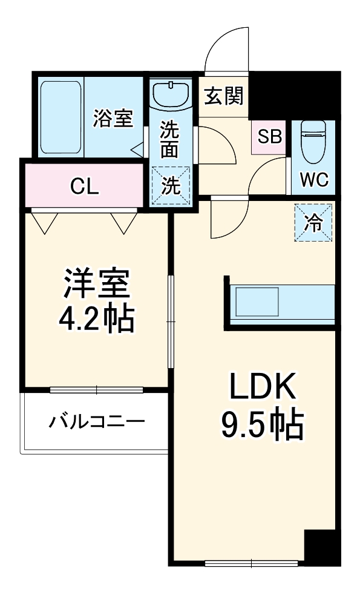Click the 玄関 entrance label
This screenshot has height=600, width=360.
(224, 96)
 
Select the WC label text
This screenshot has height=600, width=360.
(314, 179)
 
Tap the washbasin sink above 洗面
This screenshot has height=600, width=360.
(170, 94)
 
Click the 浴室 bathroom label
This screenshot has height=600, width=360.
(113, 118)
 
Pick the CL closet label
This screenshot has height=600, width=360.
(84, 186)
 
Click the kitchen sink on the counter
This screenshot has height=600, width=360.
(257, 302)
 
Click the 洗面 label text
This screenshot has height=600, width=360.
(170, 140)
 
